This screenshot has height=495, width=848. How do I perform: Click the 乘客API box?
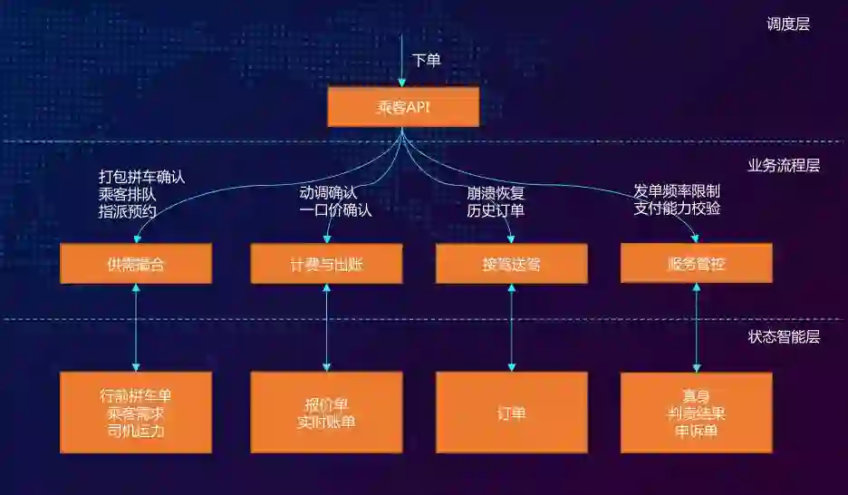pos(403,107)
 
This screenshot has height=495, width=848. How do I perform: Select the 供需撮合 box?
pos(136,264)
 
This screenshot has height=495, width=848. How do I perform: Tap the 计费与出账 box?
pos(326,264)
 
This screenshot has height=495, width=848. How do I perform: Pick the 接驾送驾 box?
pos(511,264)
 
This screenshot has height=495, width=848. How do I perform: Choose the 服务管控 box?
pos(697,264)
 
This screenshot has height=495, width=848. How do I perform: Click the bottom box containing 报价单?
pos(326,412)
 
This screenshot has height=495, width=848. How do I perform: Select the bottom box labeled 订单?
pos(511,412)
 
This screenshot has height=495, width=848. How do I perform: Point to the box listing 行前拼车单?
pos(136,412)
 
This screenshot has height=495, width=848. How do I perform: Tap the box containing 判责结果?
pos(697,412)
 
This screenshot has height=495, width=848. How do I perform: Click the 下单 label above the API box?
pos(427,61)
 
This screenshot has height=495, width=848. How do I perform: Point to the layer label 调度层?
pos(787,24)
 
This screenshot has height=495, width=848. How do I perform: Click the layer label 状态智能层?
pos(783,337)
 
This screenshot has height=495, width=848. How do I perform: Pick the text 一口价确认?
pos(335,210)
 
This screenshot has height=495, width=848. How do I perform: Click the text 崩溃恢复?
pos(496,192)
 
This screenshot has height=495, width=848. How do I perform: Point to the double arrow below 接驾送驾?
pos(511,327)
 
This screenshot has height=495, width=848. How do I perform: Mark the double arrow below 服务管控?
pos(697,327)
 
